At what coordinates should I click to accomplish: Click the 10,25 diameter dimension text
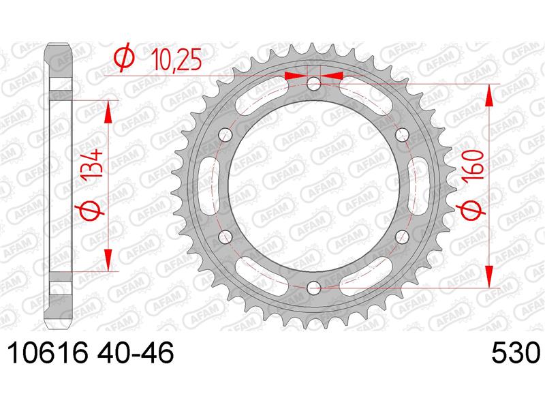tap(177, 61)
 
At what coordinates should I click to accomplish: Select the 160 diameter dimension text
tap(473, 164)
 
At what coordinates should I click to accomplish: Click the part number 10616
tap(47, 352)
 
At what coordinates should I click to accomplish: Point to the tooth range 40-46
tap(135, 352)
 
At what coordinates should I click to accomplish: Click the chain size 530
tap(516, 352)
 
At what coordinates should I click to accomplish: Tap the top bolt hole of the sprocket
tap(314, 83)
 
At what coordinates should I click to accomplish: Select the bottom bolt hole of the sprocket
tap(314, 287)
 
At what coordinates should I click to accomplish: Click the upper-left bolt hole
tap(226, 134)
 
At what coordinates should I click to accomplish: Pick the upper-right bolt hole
tap(402, 134)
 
